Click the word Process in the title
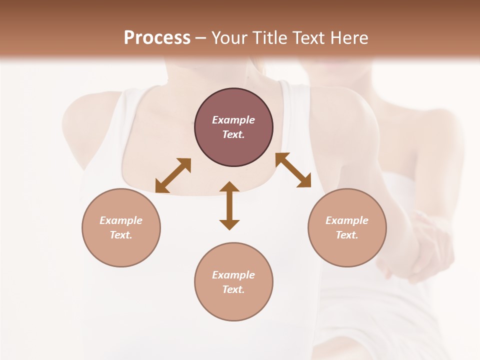coord(157,38)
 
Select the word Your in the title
coord(229,38)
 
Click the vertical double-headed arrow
coord(229,205)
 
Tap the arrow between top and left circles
coord(173,175)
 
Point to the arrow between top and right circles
coord(293,170)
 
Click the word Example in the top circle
coord(233,120)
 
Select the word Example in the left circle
coord(121,220)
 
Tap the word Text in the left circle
coord(121,235)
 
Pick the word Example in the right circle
coord(347,220)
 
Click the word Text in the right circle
coord(347,235)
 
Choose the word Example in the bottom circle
coord(233,275)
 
